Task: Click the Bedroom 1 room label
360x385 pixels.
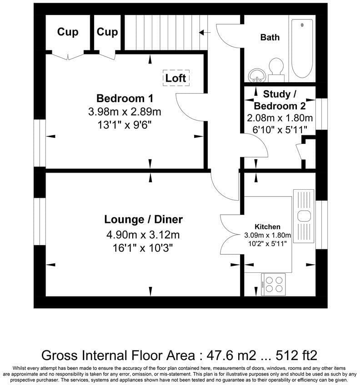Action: click(x=125, y=98)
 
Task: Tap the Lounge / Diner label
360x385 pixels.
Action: click(x=143, y=219)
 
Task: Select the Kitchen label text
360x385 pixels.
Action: click(x=267, y=227)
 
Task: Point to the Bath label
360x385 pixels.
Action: click(x=270, y=37)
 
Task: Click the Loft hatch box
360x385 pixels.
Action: click(x=176, y=78)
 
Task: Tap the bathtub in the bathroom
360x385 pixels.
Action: click(x=302, y=49)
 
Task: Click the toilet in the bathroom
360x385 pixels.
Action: click(x=276, y=69)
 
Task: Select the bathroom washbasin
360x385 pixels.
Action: click(x=257, y=75)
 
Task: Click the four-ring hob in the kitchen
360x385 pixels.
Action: click(x=274, y=284)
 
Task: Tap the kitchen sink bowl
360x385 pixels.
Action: click(x=304, y=216)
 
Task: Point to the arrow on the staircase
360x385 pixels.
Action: click(x=205, y=32)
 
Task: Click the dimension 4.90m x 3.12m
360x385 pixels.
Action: click(x=143, y=235)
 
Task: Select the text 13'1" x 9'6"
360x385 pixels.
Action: click(x=125, y=125)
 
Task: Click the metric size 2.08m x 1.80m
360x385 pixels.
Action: click(x=280, y=118)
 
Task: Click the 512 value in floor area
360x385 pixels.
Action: click(x=286, y=355)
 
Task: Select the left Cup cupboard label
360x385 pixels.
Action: click(x=68, y=32)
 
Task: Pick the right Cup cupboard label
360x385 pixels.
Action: click(x=107, y=32)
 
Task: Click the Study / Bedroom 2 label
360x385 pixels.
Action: click(x=280, y=100)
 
